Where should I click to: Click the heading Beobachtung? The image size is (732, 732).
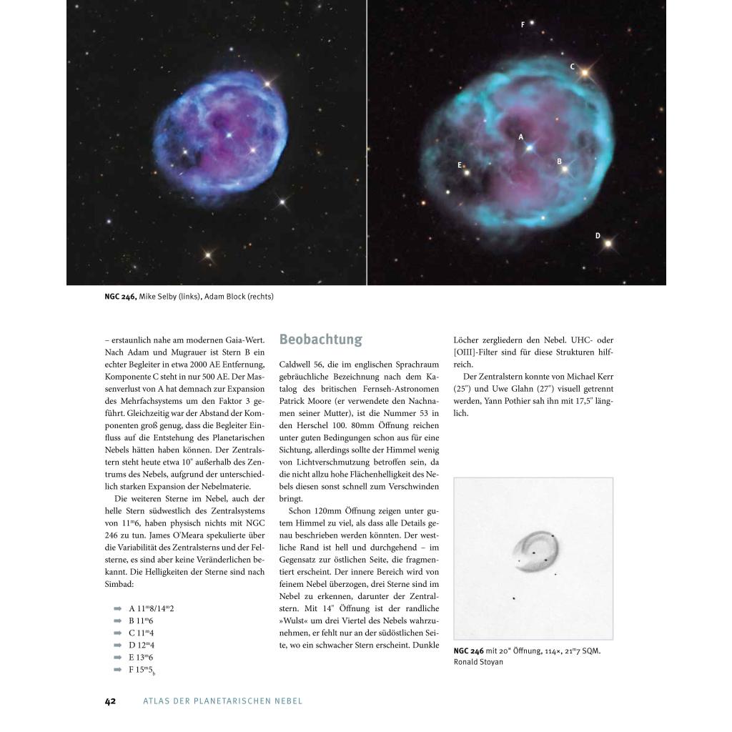320,340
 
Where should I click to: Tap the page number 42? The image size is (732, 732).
110,701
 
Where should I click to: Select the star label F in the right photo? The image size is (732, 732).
523,25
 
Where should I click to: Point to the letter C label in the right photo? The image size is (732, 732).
572,66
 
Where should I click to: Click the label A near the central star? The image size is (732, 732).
520,137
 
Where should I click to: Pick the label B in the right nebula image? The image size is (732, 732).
559,162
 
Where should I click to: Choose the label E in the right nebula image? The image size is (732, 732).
459,165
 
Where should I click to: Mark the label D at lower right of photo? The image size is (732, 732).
598,236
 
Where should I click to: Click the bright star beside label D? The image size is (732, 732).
608,244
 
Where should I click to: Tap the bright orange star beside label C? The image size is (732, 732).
585,72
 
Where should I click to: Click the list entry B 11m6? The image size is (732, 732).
142,620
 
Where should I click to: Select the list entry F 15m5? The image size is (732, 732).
142,670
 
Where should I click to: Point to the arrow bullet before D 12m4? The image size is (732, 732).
117,646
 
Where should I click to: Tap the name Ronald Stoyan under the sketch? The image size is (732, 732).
478,662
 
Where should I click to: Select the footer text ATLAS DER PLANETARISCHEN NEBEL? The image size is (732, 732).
223,701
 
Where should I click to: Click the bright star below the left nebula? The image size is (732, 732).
209,254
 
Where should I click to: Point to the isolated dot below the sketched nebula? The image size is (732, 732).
514,598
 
